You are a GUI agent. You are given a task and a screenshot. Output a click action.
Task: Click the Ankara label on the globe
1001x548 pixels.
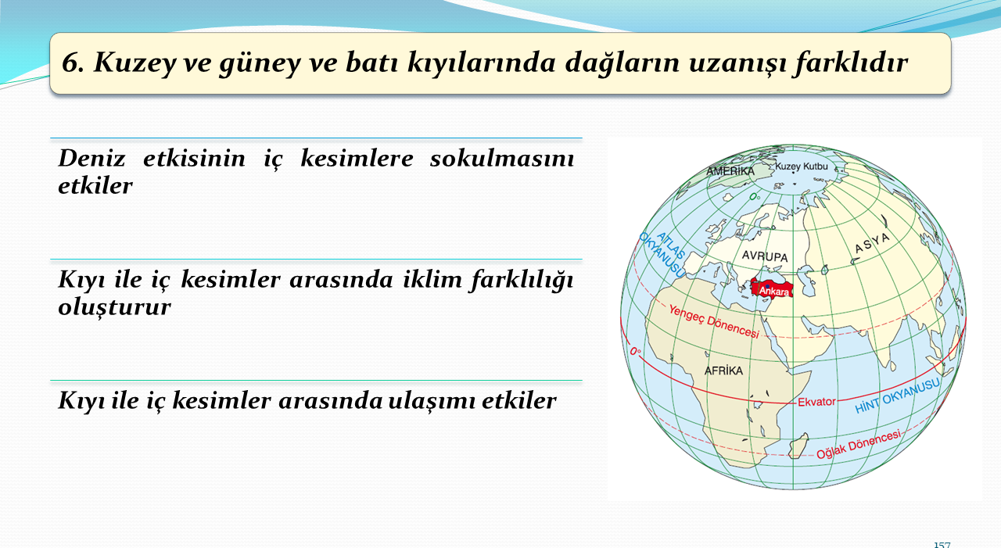(x=774, y=291)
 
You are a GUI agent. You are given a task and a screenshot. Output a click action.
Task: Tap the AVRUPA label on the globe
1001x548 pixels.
(x=765, y=256)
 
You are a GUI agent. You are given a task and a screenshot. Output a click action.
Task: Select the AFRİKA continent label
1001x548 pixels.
(x=723, y=371)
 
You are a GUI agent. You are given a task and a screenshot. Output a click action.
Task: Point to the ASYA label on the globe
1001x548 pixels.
(x=872, y=242)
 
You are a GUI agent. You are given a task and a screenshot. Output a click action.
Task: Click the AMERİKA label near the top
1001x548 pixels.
(x=730, y=171)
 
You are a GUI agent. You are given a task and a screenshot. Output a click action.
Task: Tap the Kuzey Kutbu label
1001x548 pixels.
(x=802, y=167)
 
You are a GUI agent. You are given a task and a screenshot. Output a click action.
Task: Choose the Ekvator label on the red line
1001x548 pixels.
(x=816, y=402)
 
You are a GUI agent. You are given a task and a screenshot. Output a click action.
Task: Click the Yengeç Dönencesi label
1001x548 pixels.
(x=714, y=321)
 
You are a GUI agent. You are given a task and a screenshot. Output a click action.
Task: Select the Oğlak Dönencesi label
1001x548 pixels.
(x=859, y=444)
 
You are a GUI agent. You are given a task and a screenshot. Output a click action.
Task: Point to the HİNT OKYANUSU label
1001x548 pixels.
(x=897, y=396)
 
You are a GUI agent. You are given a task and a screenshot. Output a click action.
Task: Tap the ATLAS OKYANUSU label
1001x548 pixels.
(x=662, y=254)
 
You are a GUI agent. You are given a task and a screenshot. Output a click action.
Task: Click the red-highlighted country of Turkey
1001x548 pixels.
(x=772, y=288)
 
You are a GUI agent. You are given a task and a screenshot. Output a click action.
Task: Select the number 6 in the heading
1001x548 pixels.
(x=74, y=62)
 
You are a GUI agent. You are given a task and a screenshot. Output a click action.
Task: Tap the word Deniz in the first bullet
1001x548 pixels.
(x=91, y=159)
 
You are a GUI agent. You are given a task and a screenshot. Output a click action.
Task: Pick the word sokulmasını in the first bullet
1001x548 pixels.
(x=502, y=159)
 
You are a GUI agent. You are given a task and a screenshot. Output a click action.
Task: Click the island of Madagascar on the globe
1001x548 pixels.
(x=798, y=446)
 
